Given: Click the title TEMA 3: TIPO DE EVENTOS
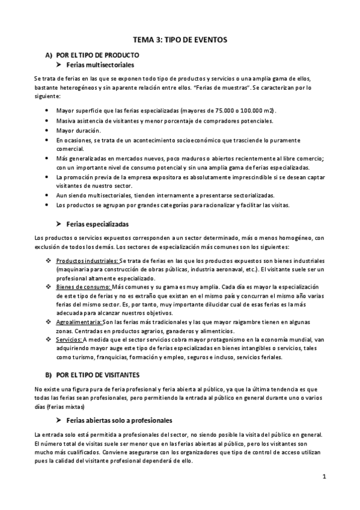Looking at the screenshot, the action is click(x=180, y=40).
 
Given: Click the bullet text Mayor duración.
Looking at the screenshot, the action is click(x=79, y=130).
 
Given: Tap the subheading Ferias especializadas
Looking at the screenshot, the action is click(x=98, y=224).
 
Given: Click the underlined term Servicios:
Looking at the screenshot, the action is click(x=71, y=340).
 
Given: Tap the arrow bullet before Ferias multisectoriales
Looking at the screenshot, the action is click(x=59, y=64).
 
